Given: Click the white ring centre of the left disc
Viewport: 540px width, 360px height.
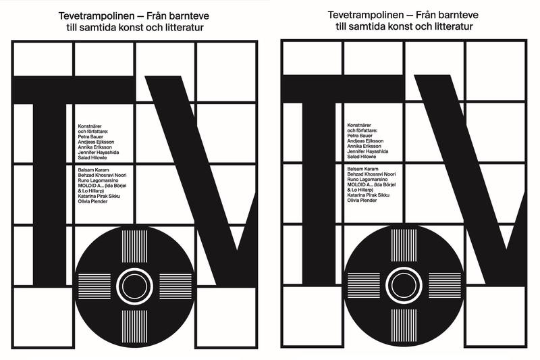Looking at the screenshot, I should point(132,282).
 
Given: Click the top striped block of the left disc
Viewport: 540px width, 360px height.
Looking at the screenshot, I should point(132,246).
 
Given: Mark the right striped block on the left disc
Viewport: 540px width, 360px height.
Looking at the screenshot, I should point(169,282).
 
